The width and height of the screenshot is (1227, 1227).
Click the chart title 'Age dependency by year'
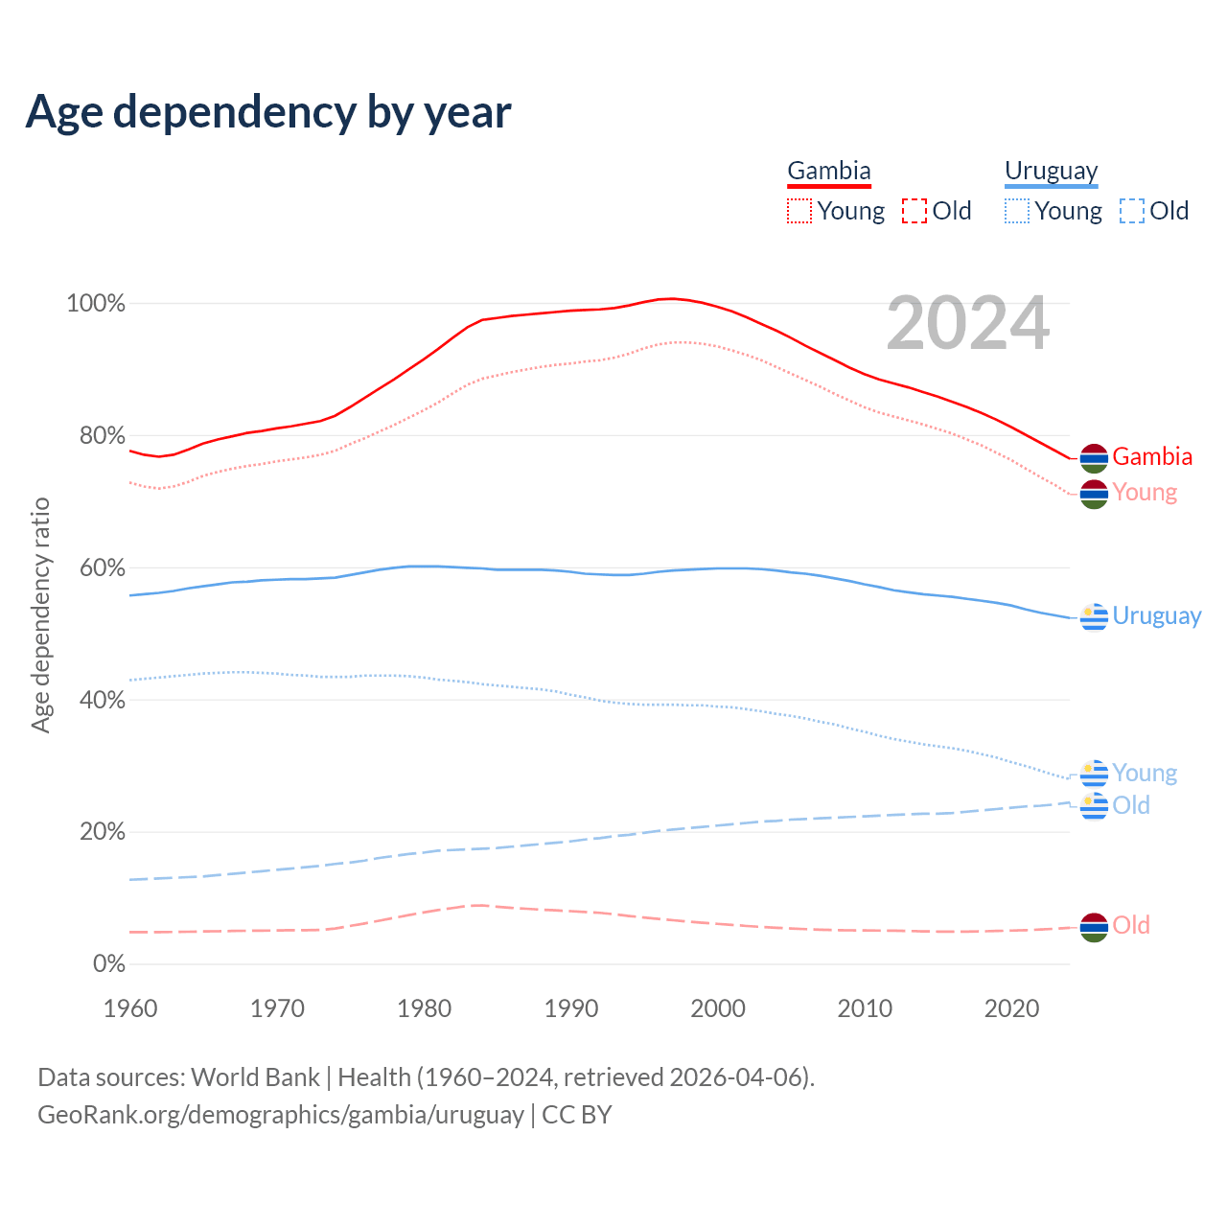268,112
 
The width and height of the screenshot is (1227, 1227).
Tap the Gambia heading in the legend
828,172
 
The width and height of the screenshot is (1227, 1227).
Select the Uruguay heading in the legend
1051,172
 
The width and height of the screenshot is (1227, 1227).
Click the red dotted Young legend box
799,211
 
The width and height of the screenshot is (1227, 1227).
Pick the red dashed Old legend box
914,211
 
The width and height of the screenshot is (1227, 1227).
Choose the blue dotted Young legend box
1017,211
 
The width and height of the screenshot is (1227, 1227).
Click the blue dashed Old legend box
1132,211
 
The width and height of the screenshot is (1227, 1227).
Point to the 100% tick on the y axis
96,304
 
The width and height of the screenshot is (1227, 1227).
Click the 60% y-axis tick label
102,568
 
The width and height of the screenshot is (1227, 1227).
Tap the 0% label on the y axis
109,964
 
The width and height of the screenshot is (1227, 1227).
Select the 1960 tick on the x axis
130,1008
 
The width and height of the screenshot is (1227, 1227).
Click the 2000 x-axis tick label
718,1008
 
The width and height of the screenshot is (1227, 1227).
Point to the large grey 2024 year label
967,324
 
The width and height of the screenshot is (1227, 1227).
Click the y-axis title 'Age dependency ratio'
40,614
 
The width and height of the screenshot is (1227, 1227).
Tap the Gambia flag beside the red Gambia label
1094,458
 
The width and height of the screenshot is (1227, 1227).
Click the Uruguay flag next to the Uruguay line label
1094,617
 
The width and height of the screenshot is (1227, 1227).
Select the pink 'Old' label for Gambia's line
1131,925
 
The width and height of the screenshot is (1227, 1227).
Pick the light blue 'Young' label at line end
1145,774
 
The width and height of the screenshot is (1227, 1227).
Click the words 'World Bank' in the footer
255,1077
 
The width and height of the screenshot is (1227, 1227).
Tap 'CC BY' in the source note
577,1115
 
